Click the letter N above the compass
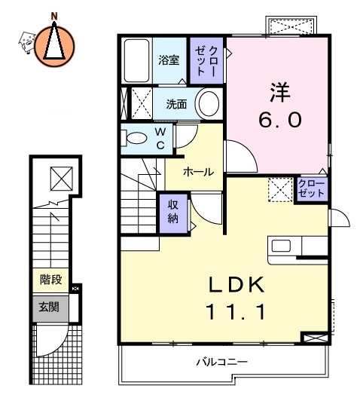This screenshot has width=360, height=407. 54,14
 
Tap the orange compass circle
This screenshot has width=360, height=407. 54,44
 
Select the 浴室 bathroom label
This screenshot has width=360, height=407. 169,60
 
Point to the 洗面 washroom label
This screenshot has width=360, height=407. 176,104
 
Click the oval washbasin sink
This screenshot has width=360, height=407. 209,103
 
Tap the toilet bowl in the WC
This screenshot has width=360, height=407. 137,139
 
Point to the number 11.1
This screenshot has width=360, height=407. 236,311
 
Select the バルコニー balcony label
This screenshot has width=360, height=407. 222,362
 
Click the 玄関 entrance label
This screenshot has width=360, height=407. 50,307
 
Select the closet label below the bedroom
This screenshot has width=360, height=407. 311,188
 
